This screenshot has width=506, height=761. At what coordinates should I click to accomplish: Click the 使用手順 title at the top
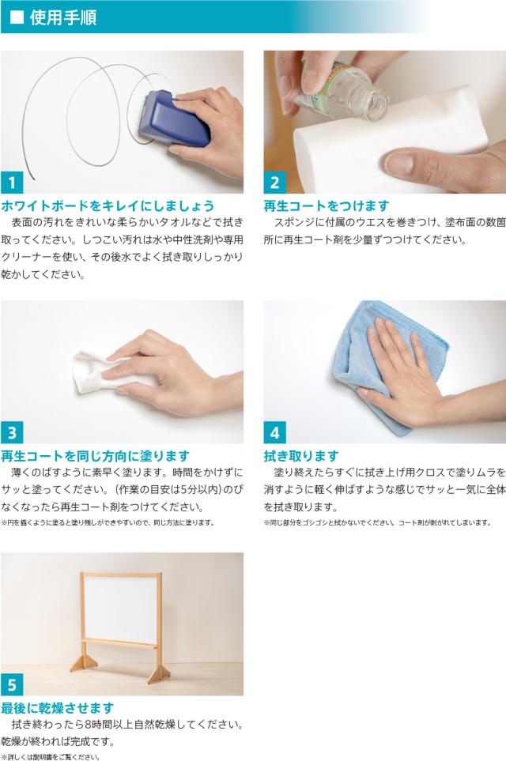(x=63, y=17)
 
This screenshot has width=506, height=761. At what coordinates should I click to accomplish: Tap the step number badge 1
(x=12, y=183)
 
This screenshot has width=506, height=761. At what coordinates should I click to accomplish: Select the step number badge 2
(x=275, y=183)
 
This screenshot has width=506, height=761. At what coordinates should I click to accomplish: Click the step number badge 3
(x=12, y=432)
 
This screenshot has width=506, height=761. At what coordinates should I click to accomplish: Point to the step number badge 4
(x=275, y=432)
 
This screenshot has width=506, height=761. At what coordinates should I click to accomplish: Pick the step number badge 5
(x=12, y=684)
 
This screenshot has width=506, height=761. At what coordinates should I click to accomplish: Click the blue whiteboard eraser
(x=172, y=119)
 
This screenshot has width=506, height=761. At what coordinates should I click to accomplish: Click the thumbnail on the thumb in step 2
(x=399, y=163)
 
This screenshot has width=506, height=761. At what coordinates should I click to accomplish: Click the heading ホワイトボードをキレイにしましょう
(x=108, y=205)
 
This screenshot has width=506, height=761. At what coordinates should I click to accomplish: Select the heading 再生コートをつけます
(x=327, y=205)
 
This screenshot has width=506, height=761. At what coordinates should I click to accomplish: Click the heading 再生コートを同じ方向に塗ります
(x=95, y=456)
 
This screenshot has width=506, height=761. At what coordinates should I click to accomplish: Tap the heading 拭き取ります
(x=301, y=456)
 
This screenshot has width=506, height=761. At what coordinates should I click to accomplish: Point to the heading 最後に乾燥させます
(x=57, y=708)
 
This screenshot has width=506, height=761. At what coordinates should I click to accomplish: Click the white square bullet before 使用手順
(x=17, y=17)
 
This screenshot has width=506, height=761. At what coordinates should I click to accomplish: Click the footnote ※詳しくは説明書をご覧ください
(x=51, y=756)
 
